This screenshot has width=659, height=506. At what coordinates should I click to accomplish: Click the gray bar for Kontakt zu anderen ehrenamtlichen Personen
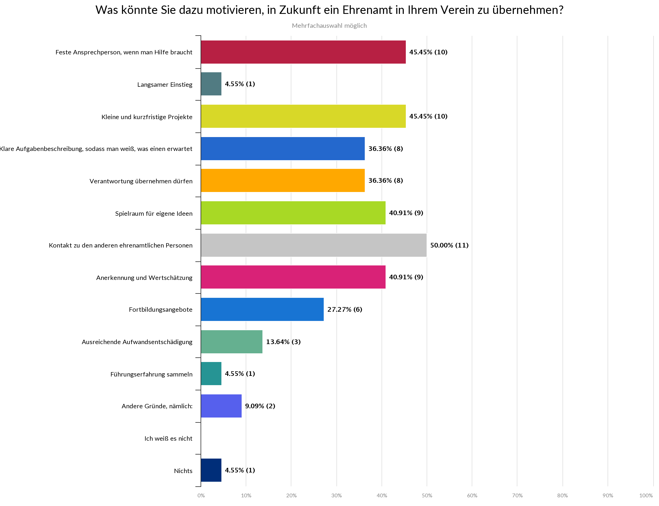(313, 245)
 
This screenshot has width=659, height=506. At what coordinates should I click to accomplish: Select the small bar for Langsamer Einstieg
(211, 84)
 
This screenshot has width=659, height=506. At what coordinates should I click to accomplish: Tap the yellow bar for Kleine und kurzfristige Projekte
(303, 116)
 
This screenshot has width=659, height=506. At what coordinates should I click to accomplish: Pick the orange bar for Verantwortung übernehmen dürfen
(282, 180)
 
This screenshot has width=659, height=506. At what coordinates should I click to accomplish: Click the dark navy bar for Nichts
(211, 470)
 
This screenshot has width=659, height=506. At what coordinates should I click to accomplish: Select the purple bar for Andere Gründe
(221, 406)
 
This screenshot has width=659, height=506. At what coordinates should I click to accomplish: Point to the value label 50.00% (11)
(449, 245)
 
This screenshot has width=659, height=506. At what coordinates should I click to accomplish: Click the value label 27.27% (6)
(345, 309)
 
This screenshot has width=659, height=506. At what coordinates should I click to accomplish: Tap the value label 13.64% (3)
(283, 341)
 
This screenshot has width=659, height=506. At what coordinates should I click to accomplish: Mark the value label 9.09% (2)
(260, 406)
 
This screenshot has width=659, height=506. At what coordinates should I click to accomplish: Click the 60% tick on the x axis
(472, 496)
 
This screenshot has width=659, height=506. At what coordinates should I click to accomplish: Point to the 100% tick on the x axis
(646, 496)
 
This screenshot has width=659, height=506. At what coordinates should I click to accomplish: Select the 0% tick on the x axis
(201, 496)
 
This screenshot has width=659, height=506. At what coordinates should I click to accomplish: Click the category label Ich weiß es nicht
(168, 439)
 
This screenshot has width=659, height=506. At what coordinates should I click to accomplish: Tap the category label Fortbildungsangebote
(160, 310)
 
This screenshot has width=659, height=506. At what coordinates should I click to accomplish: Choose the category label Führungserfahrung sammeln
(151, 374)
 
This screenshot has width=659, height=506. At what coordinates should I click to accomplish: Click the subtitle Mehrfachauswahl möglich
(329, 26)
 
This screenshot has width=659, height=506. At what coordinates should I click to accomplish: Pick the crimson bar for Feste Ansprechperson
(303, 52)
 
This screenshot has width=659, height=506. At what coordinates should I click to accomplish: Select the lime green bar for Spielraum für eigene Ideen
(293, 213)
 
